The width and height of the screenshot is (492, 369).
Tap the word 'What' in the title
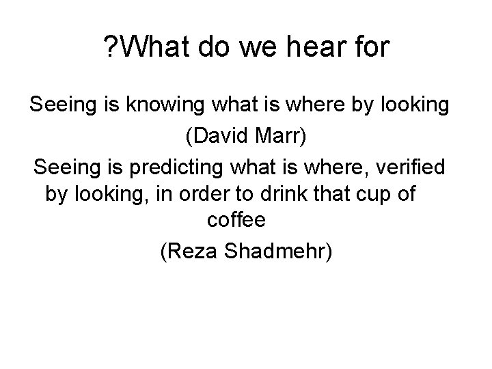[158, 49]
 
